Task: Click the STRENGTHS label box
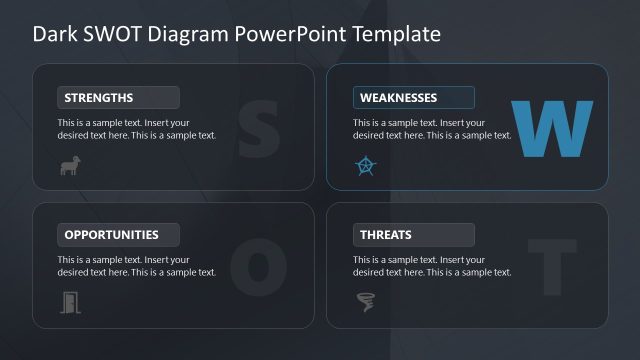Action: [x=118, y=97]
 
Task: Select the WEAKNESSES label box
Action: [x=413, y=97]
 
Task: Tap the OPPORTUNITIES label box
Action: [x=118, y=235]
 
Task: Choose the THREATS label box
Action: [x=413, y=235]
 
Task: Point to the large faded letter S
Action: [x=257, y=127]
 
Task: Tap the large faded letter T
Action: [x=552, y=266]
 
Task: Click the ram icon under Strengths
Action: [x=70, y=166]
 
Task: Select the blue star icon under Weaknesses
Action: [x=366, y=166]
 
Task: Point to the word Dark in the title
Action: [x=54, y=33]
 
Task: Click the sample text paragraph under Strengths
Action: [x=137, y=129]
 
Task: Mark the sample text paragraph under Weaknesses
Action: [x=432, y=129]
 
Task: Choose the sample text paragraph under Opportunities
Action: [x=137, y=266]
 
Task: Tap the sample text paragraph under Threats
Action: [x=432, y=266]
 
